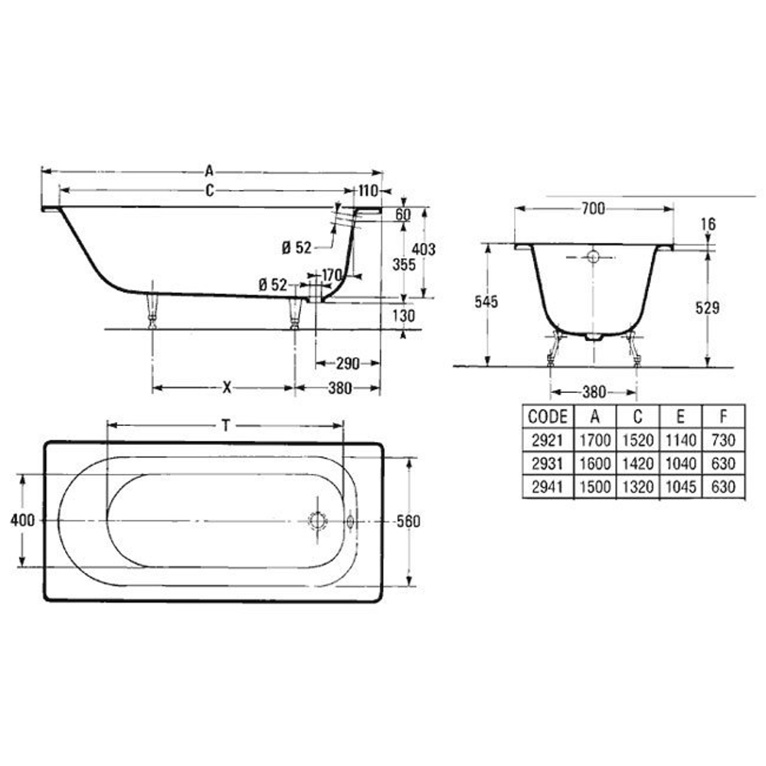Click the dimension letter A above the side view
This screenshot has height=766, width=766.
coord(209,171)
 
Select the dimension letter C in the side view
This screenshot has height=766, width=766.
coord(210,190)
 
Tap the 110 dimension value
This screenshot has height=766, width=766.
coord(368,191)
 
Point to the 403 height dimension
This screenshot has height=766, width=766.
coord(423,249)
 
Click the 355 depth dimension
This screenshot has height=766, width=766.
coord(404,264)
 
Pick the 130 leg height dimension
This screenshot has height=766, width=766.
coord(404,316)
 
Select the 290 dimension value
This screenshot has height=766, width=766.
coord(348,363)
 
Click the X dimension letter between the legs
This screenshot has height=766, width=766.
coord(227,388)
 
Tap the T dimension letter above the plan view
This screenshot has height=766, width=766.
coord(226,426)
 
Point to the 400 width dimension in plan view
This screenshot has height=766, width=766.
coord(22,521)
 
